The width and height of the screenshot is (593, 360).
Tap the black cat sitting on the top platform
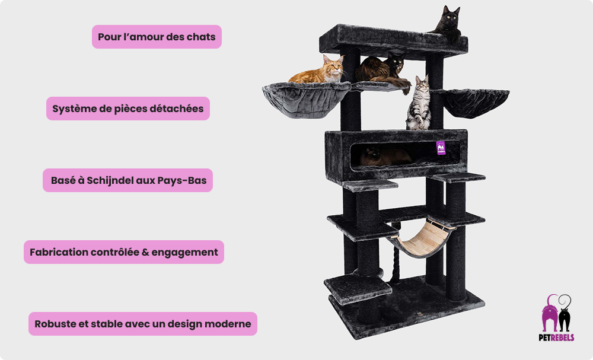[x=447, y=23]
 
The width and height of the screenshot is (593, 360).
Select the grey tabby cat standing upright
[x=419, y=103]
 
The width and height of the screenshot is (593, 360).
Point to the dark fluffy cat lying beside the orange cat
[x=382, y=70]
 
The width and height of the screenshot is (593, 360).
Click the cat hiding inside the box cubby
[x=384, y=156]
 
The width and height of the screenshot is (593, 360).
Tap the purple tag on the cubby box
[x=441, y=148]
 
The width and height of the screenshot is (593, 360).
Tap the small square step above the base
[x=358, y=288]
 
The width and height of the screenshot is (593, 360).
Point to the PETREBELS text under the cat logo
[x=556, y=337]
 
